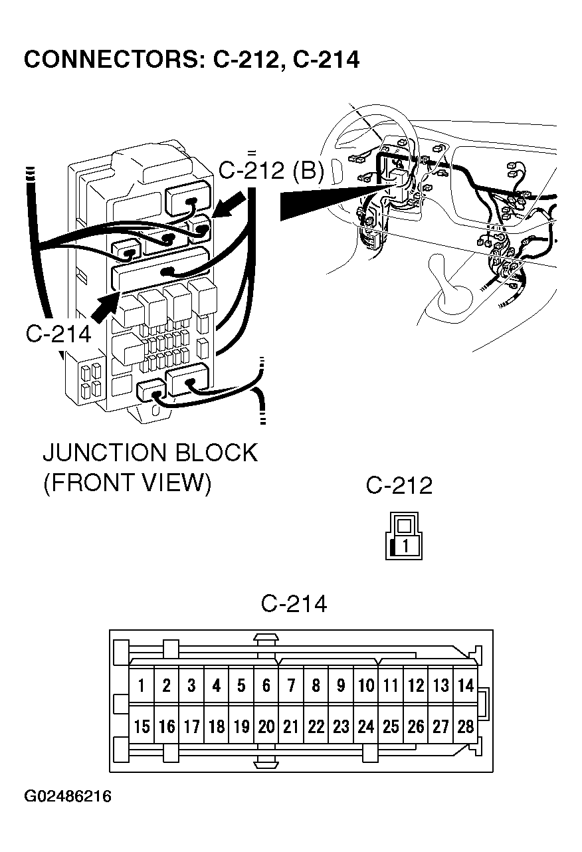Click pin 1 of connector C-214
tap(142, 686)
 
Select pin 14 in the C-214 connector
tap(466, 686)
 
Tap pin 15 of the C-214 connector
tap(142, 726)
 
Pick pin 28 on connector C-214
tap(466, 726)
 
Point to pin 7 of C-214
tap(291, 686)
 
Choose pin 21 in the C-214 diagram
tap(291, 726)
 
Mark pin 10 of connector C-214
tap(366, 686)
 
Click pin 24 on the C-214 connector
tap(366, 726)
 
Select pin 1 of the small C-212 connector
tap(407, 546)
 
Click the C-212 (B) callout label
tap(271, 171)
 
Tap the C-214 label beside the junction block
tap(58, 333)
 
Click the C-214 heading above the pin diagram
tap(294, 603)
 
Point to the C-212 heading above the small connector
tap(399, 485)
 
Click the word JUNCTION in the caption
tap(103, 453)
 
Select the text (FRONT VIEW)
tap(127, 483)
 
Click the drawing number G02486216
tap(68, 796)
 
